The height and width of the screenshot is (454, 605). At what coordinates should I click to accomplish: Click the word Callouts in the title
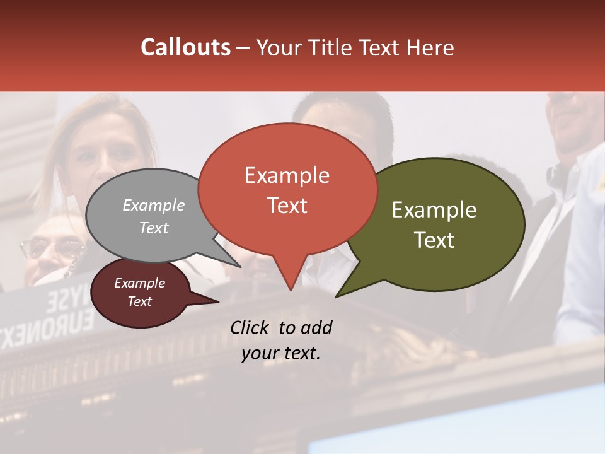(x=185, y=47)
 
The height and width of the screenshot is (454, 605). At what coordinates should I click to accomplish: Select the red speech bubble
(x=287, y=189)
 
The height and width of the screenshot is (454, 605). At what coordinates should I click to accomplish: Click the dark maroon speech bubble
(x=140, y=293)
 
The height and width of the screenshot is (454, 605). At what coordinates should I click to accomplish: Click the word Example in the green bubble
(x=434, y=210)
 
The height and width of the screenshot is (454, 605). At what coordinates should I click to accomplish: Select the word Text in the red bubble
(x=287, y=206)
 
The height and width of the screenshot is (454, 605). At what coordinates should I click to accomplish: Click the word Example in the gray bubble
(x=154, y=205)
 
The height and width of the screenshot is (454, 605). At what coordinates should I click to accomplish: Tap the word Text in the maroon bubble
(x=140, y=301)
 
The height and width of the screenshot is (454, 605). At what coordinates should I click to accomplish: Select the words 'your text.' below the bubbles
(x=281, y=353)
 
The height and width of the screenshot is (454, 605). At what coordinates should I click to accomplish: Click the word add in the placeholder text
(x=316, y=327)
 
